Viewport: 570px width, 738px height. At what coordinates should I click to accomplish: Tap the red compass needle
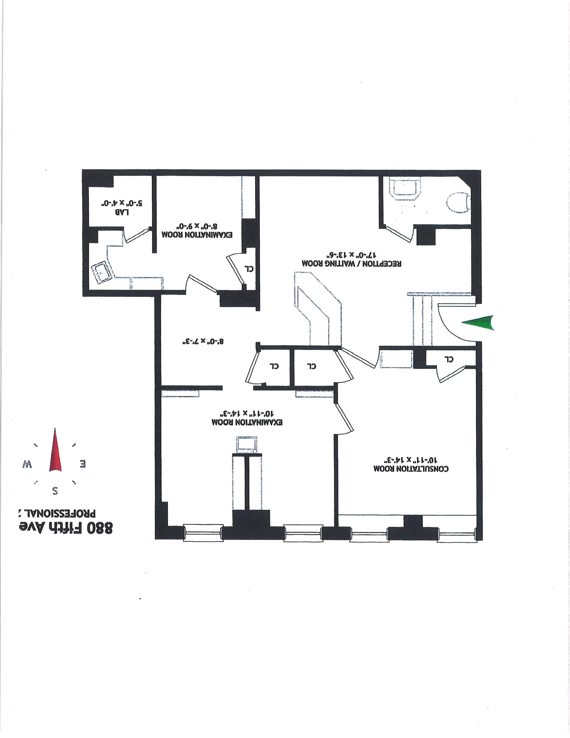coord(56,451)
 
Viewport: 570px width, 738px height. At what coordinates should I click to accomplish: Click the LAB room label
coord(122,213)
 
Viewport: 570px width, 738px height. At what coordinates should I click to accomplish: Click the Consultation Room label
coord(411,469)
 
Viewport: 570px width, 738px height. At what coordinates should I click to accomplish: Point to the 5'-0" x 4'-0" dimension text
coord(121,203)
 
